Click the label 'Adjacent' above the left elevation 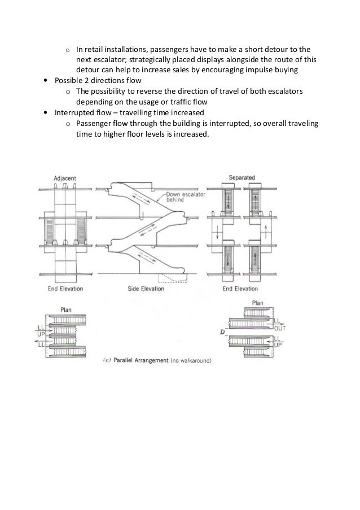click(65, 178)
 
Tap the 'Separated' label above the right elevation click(242, 178)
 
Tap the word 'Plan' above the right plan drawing click(257, 303)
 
